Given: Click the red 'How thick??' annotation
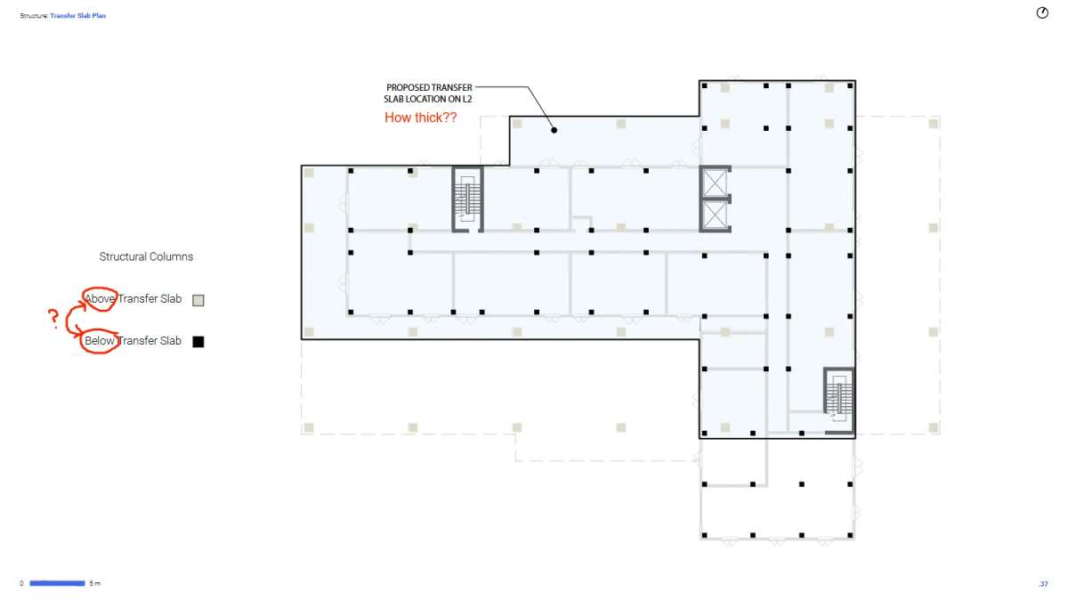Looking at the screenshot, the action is (420, 118).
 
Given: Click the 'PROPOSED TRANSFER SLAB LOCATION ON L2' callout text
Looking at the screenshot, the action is (428, 93).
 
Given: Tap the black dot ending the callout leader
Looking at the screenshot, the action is (554, 130).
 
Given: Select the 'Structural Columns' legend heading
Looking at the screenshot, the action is (146, 256).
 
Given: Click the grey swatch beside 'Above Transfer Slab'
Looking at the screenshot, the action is (198, 300).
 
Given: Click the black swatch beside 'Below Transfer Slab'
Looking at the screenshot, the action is (198, 342).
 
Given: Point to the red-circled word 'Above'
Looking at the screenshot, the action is (100, 299).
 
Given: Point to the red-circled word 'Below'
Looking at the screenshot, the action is (100, 340).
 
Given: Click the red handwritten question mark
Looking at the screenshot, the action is (53, 318).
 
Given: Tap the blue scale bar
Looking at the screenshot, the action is (57, 583).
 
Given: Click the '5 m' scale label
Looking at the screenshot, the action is (95, 583).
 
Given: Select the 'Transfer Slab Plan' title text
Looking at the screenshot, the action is (77, 16).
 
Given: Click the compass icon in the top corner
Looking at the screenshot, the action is (1042, 12).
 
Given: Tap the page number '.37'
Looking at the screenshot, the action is (1043, 584).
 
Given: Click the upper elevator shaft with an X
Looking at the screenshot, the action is (715, 183).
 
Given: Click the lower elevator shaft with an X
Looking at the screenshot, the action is (715, 215).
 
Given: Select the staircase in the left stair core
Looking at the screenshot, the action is (468, 199).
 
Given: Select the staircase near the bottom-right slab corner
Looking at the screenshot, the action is (838, 400).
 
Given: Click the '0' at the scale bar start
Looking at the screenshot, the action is (21, 583).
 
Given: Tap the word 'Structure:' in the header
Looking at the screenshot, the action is (34, 16).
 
